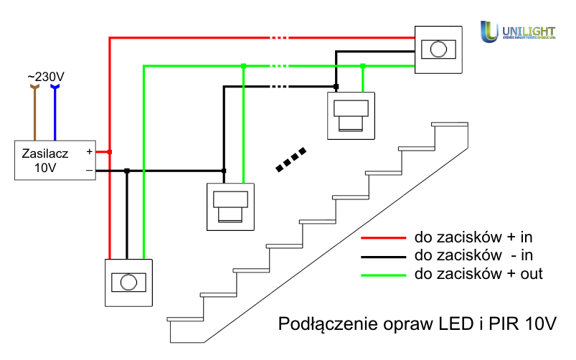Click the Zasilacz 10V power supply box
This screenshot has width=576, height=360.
pyautogui.click(x=55, y=159)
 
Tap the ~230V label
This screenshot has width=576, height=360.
pyautogui.click(x=44, y=76)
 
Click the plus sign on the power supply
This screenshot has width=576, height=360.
pyautogui.click(x=89, y=151)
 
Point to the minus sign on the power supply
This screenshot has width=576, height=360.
pyautogui.click(x=89, y=171)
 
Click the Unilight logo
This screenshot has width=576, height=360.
pyautogui.click(x=518, y=31)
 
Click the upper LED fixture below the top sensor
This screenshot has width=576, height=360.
pyautogui.click(x=351, y=115)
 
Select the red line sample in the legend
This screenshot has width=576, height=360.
pyautogui.click(x=384, y=237)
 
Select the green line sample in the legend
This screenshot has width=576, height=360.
pyautogui.click(x=384, y=275)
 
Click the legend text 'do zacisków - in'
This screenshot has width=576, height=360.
pyautogui.click(x=473, y=255)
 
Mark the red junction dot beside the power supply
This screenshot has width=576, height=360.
pyautogui.click(x=109, y=151)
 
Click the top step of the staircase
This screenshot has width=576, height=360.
pyautogui.click(x=450, y=125)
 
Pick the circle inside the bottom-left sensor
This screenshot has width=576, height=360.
pyautogui.click(x=129, y=282)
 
